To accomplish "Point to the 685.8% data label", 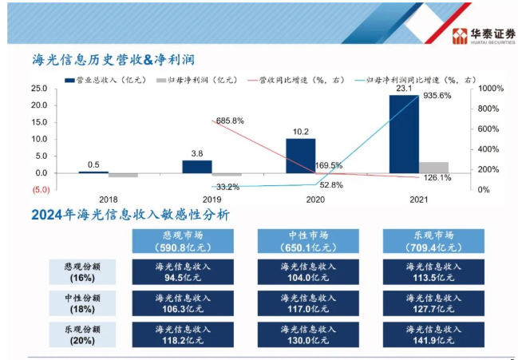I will coord(229,121).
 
